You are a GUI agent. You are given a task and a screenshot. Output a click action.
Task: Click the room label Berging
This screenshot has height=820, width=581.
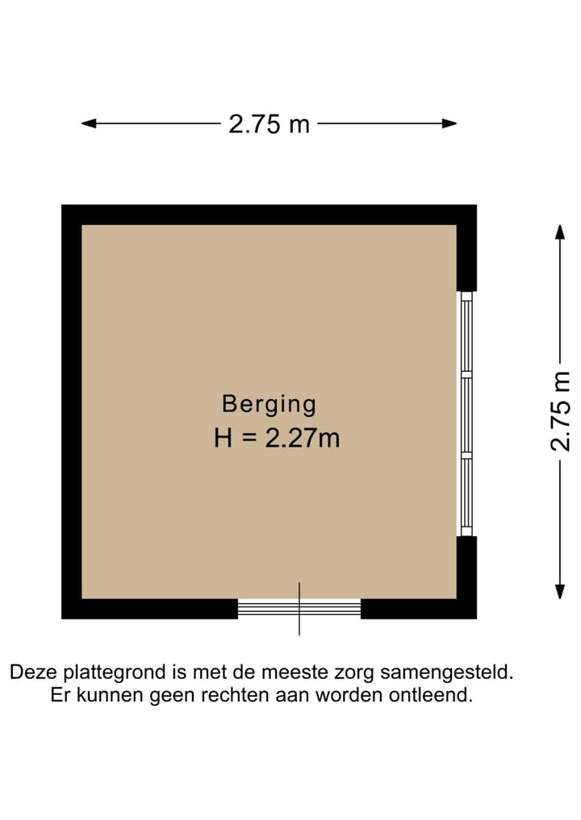click(270, 403)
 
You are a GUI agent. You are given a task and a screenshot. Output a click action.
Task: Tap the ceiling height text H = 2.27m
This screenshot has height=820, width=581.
click(277, 438)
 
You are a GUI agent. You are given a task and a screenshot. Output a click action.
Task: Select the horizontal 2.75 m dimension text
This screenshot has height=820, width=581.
click(270, 124)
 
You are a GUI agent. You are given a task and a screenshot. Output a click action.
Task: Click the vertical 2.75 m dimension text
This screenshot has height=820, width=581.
click(560, 411)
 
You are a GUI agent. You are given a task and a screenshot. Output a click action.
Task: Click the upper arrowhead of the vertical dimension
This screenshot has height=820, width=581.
click(559, 231)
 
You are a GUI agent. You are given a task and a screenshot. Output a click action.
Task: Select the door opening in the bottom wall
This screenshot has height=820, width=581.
click(299, 608)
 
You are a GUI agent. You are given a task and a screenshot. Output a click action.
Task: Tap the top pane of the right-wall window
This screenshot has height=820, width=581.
click(466, 334)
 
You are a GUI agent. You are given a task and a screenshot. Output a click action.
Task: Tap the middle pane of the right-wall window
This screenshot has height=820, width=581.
click(466, 414)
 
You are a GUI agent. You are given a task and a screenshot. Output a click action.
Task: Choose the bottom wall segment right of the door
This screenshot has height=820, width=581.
click(418, 609)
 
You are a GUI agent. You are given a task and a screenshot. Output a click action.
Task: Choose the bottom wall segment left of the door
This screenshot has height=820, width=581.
click(150, 609)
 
